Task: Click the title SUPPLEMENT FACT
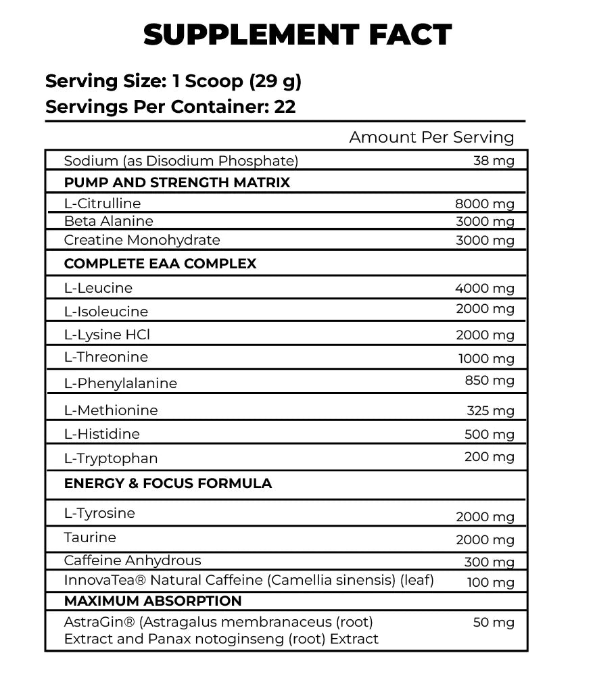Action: pyautogui.click(x=297, y=34)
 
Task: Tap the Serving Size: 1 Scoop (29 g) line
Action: pyautogui.click(x=173, y=81)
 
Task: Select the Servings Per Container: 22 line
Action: pyautogui.click(x=170, y=107)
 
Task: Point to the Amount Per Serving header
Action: pyautogui.click(x=431, y=137)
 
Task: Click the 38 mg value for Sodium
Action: pyautogui.click(x=494, y=161)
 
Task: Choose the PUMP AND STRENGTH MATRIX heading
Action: pyautogui.click(x=176, y=183)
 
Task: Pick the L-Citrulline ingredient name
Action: pyautogui.click(x=102, y=203)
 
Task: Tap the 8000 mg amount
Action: pyautogui.click(x=485, y=204)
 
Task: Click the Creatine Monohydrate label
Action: pyautogui.click(x=142, y=240)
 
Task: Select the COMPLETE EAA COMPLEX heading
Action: pyautogui.click(x=160, y=264)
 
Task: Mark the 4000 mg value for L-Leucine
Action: pyautogui.click(x=485, y=289)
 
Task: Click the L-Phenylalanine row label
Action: pyautogui.click(x=120, y=383)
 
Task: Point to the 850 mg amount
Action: pyautogui.click(x=490, y=381)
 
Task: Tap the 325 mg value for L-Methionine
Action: pyautogui.click(x=490, y=410)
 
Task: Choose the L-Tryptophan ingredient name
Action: pyautogui.click(x=111, y=458)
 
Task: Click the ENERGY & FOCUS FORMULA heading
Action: pyautogui.click(x=168, y=483)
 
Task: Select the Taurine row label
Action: pyautogui.click(x=90, y=537)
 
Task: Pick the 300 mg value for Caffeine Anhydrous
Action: pyautogui.click(x=490, y=562)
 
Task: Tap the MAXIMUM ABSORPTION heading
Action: pyautogui.click(x=153, y=601)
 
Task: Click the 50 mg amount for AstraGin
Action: pyautogui.click(x=494, y=623)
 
